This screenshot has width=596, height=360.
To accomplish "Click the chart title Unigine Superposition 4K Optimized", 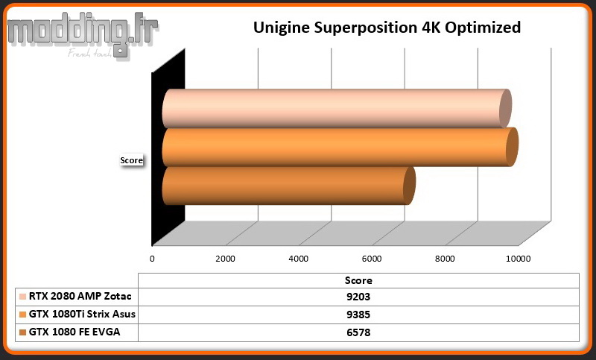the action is click(x=387, y=28).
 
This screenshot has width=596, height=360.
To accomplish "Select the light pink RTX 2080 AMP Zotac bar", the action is click(x=337, y=109).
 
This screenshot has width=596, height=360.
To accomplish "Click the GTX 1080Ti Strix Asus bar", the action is click(x=340, y=147).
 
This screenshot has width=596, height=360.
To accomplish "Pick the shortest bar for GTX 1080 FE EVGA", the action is click(x=289, y=186).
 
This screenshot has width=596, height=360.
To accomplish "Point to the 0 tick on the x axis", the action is click(x=152, y=259).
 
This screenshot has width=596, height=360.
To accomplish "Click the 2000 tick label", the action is click(x=226, y=259).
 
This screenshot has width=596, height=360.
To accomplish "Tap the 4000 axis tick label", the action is click(x=299, y=259).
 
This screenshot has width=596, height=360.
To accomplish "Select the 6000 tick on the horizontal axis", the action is click(x=372, y=259).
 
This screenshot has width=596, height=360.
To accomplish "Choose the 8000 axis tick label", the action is click(x=445, y=259).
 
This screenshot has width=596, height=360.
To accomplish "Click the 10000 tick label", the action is click(x=518, y=259).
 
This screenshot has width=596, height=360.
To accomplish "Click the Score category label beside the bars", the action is click(x=132, y=160).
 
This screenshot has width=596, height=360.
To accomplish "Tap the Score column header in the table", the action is click(x=358, y=280).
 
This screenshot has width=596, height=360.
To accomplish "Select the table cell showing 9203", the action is click(x=358, y=297).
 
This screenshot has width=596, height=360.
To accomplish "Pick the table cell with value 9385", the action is click(x=358, y=315).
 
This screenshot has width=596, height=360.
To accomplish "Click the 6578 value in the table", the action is click(x=358, y=332).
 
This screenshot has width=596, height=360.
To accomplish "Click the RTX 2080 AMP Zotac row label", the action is click(x=80, y=296).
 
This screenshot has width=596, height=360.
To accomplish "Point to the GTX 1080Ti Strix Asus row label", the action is click(x=82, y=314).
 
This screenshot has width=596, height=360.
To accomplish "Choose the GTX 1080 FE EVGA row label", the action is click(x=74, y=332).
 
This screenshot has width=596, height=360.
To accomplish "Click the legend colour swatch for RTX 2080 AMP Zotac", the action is click(x=23, y=297).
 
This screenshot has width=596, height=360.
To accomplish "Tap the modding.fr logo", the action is click(x=82, y=35).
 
